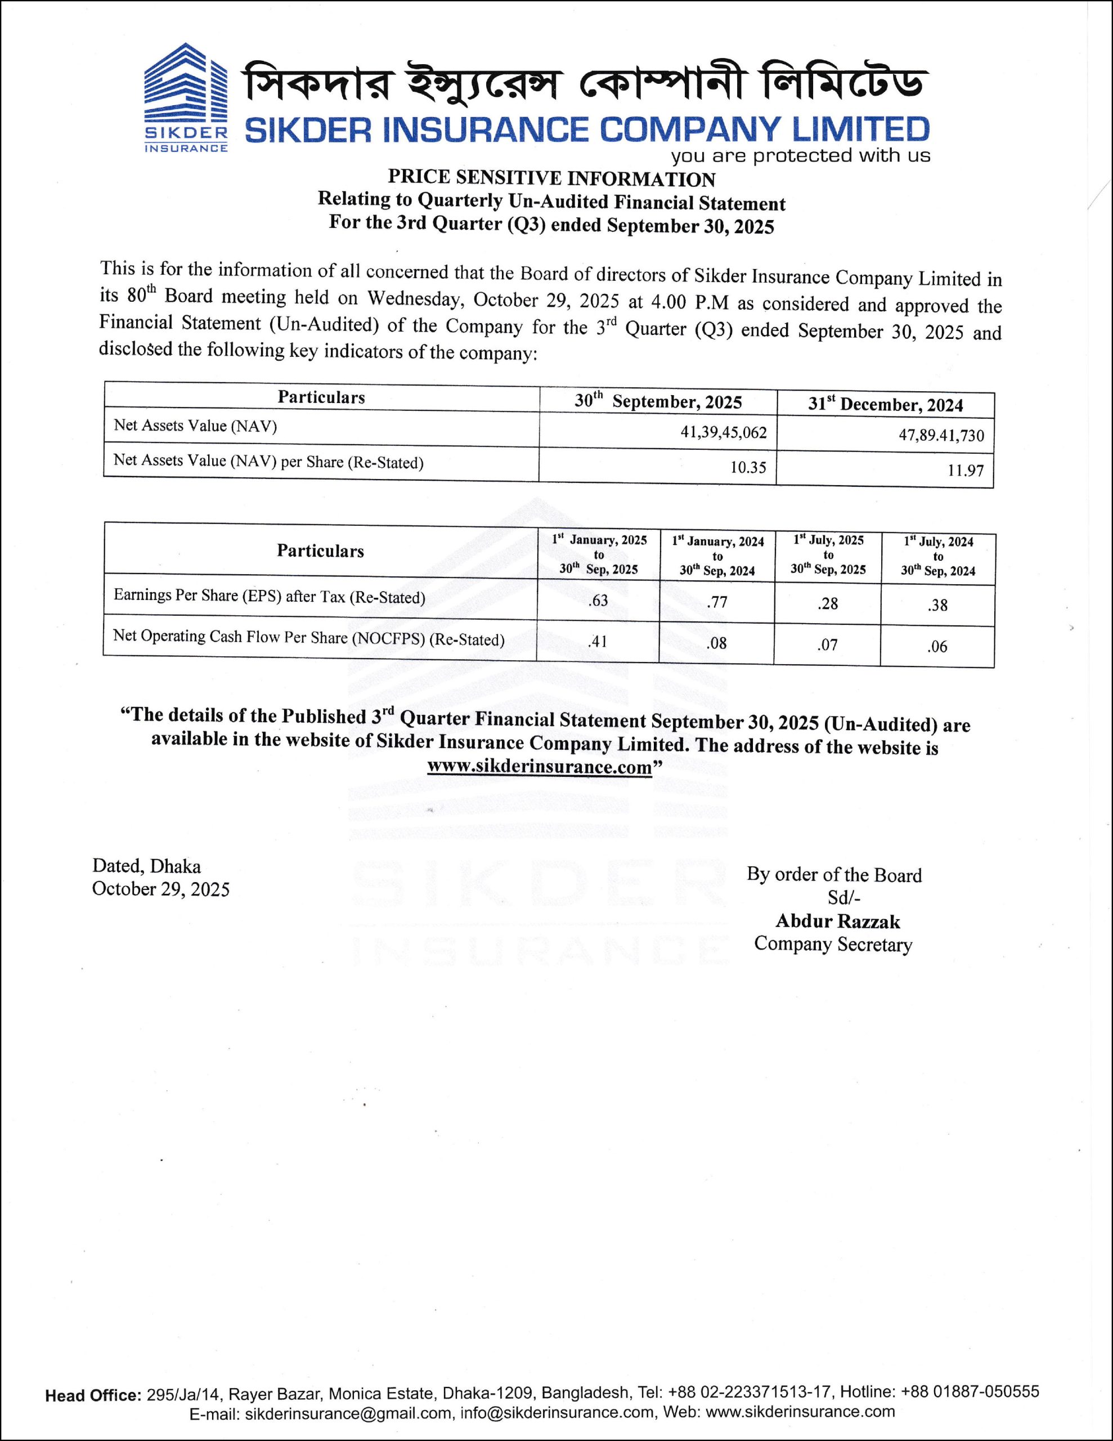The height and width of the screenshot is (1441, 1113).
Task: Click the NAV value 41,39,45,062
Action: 724,433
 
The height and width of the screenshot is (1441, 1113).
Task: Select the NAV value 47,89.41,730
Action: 941,436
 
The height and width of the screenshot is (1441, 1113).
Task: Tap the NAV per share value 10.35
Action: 748,467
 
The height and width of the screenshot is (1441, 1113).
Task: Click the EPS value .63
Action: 598,601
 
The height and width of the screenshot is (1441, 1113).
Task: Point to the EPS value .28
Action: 827,603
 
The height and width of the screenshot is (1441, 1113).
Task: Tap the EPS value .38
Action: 937,605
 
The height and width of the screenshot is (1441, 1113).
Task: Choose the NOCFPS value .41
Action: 598,641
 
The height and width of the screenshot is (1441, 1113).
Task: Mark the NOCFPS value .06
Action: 937,647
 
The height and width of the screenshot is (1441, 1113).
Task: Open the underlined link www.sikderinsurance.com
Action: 539,767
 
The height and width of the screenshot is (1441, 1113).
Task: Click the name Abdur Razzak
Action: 837,921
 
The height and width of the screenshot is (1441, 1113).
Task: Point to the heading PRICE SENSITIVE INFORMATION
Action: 551,178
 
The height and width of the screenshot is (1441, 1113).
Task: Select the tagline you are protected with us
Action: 800,156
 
